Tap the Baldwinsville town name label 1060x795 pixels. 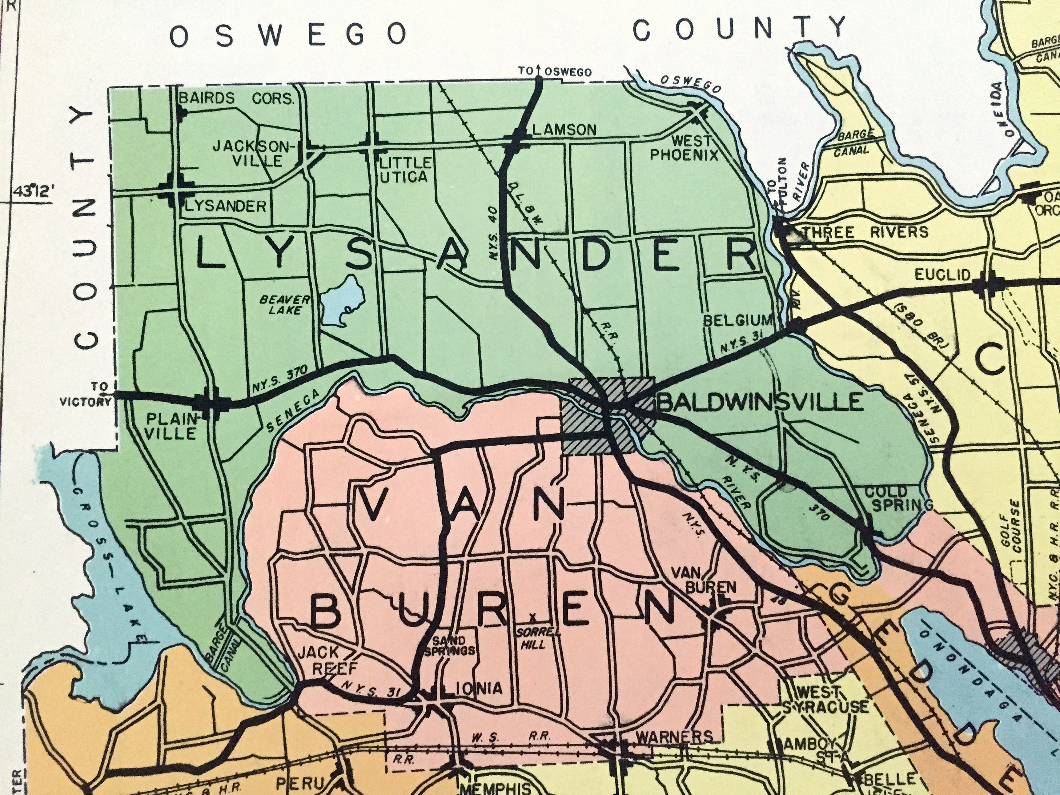pos(761,402)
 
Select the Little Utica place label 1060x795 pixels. pos(404,169)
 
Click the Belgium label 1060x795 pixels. pos(738,320)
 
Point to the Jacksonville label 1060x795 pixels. pos(253,153)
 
